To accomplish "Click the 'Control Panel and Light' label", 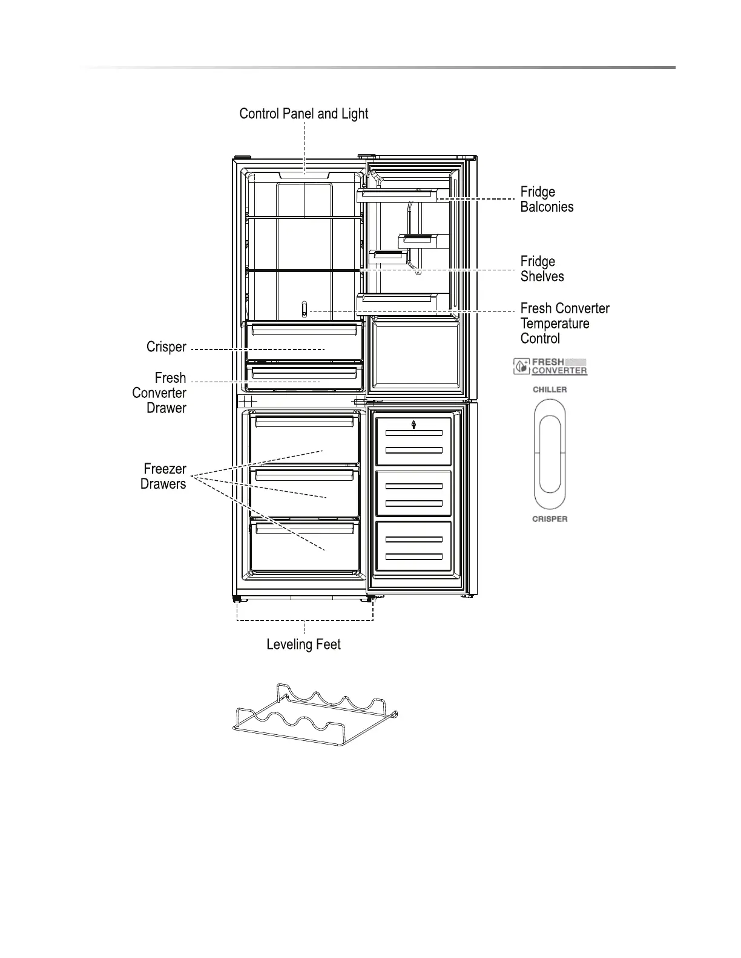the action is point(303,114).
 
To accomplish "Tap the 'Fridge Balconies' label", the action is point(547,200).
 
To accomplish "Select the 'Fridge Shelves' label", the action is point(542,269).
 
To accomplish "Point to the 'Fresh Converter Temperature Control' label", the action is point(564,324).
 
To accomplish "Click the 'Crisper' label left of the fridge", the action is point(166,347).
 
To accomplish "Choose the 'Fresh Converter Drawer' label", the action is point(159,393).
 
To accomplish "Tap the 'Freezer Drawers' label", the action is point(163,477).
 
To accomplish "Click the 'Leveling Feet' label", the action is point(303,645).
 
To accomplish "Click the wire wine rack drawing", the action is point(315,716).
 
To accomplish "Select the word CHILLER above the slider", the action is point(550,389).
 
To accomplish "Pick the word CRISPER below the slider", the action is point(550,519).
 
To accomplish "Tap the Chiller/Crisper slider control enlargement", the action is point(550,454).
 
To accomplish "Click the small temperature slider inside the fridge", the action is point(304,310).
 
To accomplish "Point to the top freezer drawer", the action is point(305,439).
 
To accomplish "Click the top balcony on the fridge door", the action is point(397,195).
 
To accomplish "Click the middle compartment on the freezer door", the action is point(414,494).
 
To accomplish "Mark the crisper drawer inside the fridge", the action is point(305,342).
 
